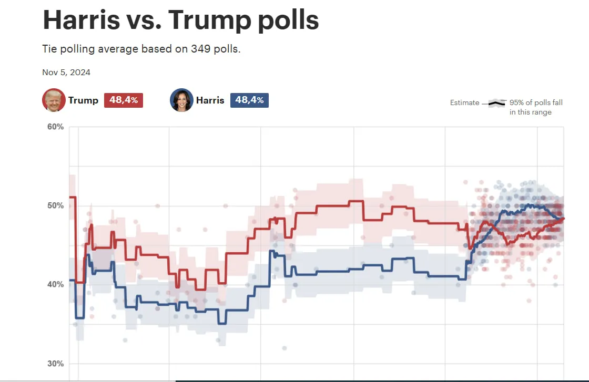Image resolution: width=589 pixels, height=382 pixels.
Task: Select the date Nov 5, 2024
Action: pyautogui.click(x=66, y=73)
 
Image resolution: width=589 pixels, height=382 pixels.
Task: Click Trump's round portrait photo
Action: pyautogui.click(x=54, y=100)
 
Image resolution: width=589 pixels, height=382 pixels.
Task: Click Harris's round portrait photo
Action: pyautogui.click(x=181, y=100)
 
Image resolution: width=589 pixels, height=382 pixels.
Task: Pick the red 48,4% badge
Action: pyautogui.click(x=124, y=100)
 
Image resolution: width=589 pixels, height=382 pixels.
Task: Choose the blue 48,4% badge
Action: pyautogui.click(x=249, y=100)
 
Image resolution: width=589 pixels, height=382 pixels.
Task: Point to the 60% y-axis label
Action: pyautogui.click(x=56, y=127)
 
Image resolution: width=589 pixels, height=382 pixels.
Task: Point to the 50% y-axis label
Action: pyautogui.click(x=56, y=205)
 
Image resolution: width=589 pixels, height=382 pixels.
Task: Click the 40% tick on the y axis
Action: pyautogui.click(x=56, y=284)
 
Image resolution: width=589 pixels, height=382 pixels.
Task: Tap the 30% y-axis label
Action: pyautogui.click(x=56, y=364)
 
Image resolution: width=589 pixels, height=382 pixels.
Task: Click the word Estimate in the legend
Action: pyautogui.click(x=464, y=103)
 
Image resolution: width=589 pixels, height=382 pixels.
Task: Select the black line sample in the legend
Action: pyautogui.click(x=496, y=103)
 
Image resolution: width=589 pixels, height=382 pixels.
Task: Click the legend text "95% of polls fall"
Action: pyautogui.click(x=536, y=103)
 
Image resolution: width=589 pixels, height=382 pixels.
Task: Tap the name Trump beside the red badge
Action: pyautogui.click(x=83, y=100)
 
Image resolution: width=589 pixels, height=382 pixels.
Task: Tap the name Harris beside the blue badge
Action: pyautogui.click(x=210, y=100)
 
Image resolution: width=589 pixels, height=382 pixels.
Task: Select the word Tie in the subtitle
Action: pyautogui.click(x=49, y=49)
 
